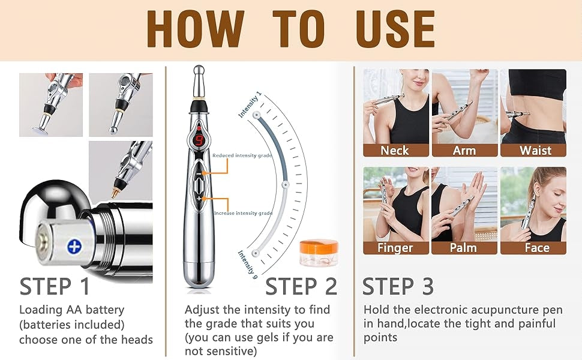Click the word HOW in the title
[194, 28]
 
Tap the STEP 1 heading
[55, 286]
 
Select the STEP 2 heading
[301, 286]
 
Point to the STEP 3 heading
[398, 286]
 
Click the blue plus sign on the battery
[75, 246]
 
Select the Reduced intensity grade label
[242, 155]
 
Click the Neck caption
[395, 150]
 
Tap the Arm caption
[464, 150]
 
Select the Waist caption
[533, 150]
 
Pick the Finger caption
[395, 247]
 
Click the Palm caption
[463, 247]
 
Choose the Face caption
[533, 247]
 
